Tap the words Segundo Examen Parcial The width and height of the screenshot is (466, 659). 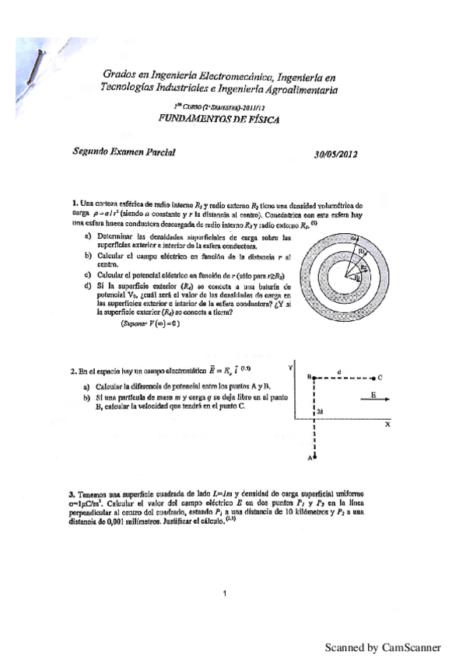pos(118,153)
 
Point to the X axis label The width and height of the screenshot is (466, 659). pos(387,425)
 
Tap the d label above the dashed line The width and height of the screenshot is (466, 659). pos(340,370)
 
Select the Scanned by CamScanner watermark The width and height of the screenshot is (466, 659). pos(382,647)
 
